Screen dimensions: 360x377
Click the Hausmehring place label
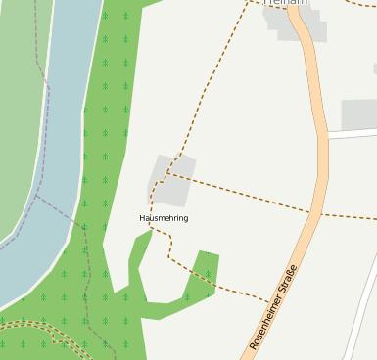(x=164, y=217)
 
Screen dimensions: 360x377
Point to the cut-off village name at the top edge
(x=285, y=3)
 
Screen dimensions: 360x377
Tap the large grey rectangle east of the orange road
(x=358, y=114)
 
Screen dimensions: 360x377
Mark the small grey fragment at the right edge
(x=374, y=68)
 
